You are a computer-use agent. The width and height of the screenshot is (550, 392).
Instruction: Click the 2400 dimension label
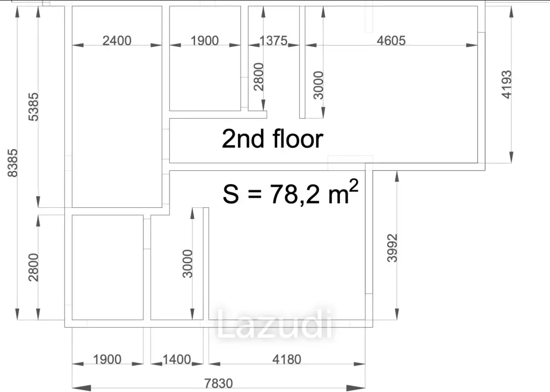tap(117, 41)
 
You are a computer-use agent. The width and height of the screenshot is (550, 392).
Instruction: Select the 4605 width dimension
tap(391, 41)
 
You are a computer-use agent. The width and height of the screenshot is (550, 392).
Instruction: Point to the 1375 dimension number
tap(273, 41)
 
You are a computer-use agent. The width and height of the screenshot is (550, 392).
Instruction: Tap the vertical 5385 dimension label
tap(34, 107)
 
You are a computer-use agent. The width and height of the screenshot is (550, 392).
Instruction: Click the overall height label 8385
tap(13, 163)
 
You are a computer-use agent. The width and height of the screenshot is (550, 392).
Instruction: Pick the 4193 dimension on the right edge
tap(507, 84)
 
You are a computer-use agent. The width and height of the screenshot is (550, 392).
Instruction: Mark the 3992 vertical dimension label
tap(392, 248)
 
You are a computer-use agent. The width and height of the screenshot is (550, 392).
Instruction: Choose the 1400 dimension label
tap(177, 359)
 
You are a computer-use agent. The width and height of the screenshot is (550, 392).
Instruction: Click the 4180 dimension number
tap(287, 359)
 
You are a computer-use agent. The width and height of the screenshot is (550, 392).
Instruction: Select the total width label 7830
tap(219, 383)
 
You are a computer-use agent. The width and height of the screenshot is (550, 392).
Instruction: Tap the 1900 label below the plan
tap(107, 359)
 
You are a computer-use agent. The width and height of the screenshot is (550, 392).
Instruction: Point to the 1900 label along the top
tap(205, 41)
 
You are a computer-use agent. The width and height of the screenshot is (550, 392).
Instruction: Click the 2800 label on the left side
tap(34, 267)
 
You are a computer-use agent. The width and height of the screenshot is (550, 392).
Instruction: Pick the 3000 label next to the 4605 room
tap(319, 85)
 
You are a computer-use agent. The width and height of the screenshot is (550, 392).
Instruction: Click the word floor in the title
tap(298, 139)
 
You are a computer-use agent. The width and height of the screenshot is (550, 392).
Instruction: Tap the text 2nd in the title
tap(243, 139)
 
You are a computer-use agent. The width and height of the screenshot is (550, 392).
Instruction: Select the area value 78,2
tap(295, 194)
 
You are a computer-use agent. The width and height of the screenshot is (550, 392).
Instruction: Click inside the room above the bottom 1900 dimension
tap(107, 267)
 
